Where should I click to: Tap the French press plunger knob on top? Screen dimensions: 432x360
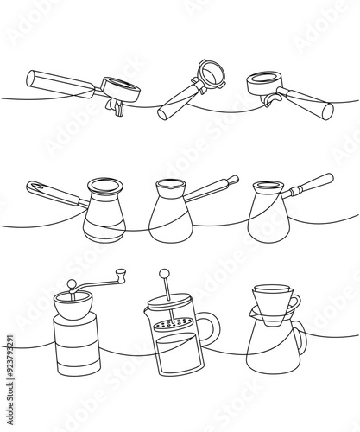pyautogui.click(x=162, y=275)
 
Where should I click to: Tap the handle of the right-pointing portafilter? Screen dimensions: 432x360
pyautogui.click(x=308, y=101)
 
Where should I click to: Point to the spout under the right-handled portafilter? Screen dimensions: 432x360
pyautogui.click(x=270, y=100)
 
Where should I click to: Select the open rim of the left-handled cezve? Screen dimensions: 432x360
pyautogui.click(x=104, y=183)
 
